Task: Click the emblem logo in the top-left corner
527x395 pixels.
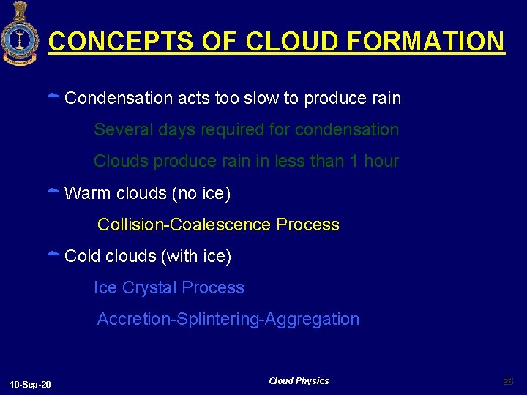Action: pos(20,33)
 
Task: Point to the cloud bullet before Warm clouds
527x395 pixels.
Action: pos(53,192)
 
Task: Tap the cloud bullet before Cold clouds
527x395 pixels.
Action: pos(53,255)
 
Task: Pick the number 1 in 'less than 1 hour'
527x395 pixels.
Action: pos(354,161)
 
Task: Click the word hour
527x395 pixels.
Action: pos(381,161)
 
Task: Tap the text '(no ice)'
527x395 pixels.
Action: pos(201,193)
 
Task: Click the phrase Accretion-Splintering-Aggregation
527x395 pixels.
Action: pos(228,319)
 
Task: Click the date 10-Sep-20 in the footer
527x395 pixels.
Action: pos(31,385)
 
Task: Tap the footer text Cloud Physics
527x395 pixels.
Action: pos(299,381)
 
